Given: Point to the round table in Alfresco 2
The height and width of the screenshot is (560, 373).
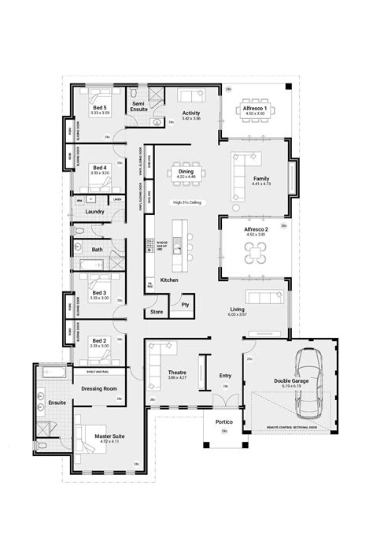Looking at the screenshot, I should pos(257,252).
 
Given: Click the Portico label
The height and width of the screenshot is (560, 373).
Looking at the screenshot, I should pos(223,421).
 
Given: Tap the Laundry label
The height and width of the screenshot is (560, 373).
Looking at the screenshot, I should pos(95,212).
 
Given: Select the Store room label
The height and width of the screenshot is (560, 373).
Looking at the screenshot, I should pos(156,312).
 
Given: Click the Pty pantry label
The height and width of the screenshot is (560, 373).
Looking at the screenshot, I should pos(186,302).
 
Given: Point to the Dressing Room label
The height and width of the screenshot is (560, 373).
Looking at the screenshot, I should pos(99,389).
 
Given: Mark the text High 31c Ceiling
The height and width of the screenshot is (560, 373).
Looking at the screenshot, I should pos(186,202).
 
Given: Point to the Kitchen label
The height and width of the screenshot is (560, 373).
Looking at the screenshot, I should pos(169,280).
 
